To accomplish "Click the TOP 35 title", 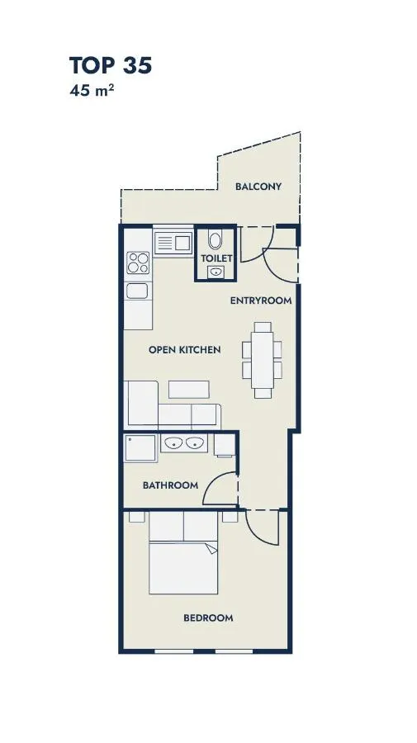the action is (111, 65).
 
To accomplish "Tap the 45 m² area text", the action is (92, 90).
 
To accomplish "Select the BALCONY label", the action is (258, 187).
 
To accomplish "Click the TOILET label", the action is (216, 258).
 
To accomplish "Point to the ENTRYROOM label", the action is (261, 301).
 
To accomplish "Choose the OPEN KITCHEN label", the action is (185, 350).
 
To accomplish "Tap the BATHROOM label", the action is (171, 485).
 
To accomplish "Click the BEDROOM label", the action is (208, 618).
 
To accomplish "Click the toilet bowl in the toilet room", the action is (216, 239).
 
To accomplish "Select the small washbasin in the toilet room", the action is (216, 272).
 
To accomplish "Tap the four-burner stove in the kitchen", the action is (138, 263).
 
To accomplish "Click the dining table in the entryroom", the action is (262, 360).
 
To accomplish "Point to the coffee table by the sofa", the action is (188, 390).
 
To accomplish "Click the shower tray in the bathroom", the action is (140, 447).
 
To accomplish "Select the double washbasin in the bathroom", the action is (184, 443).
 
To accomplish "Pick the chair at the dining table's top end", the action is (262, 327).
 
